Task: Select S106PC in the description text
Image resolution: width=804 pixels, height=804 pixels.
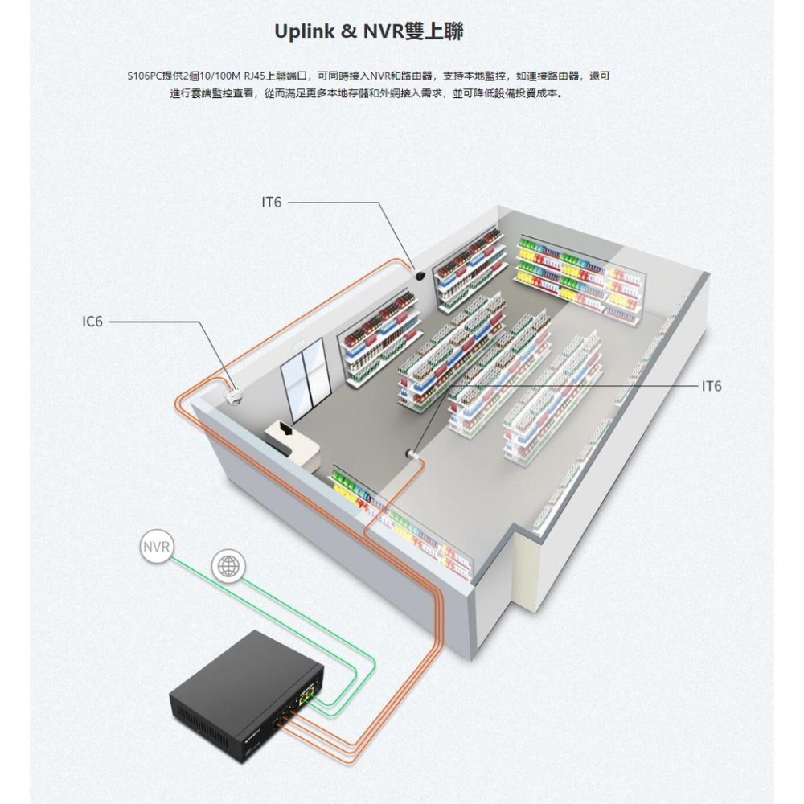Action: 144,76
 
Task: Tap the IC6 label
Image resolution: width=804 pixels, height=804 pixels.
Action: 92,322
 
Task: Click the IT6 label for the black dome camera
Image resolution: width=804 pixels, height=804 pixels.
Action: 272,203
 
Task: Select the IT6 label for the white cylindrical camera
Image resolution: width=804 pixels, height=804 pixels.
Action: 712,387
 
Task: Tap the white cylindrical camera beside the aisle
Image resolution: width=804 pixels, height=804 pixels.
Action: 413,454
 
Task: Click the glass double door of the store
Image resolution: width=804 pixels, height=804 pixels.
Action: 305,374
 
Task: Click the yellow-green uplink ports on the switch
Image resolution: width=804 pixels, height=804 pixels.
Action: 306,691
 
